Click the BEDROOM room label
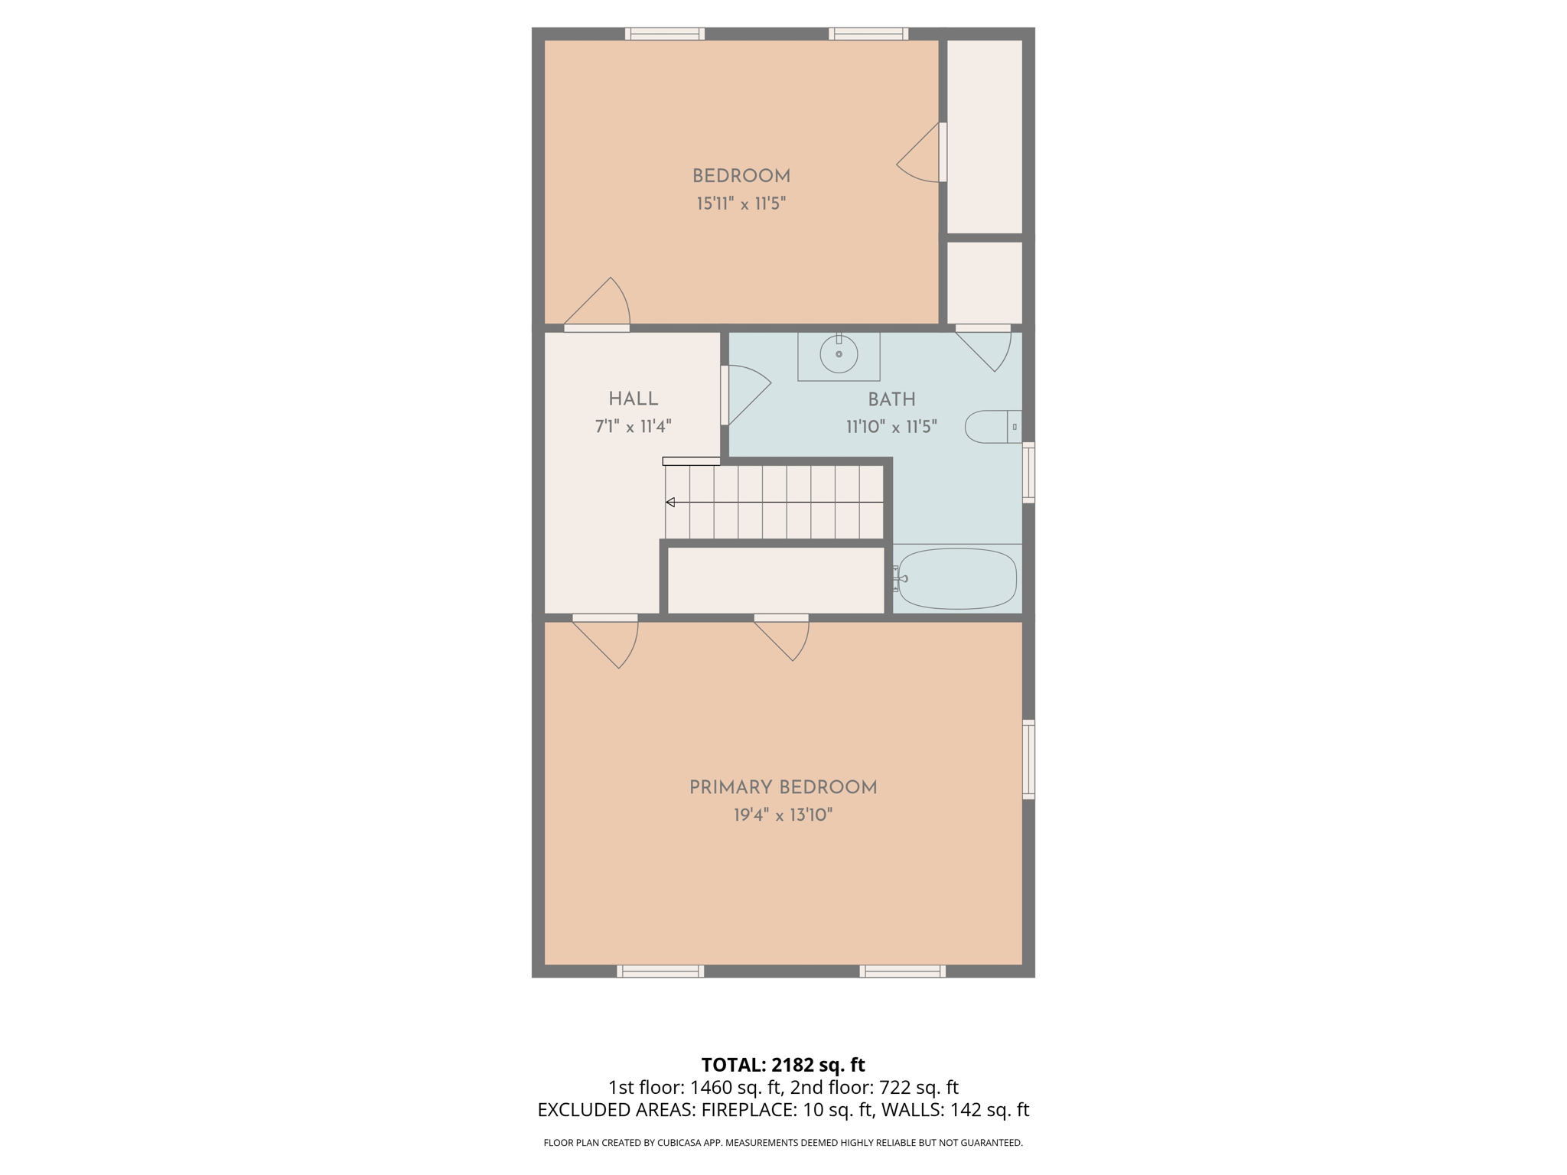[x=741, y=176]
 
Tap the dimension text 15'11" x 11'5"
[x=741, y=203]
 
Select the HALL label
[x=633, y=399]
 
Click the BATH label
[x=891, y=399]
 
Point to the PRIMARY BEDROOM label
[x=783, y=787]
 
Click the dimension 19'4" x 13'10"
[x=783, y=815]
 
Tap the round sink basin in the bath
[x=839, y=354]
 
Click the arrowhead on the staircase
[x=670, y=503]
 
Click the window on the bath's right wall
[x=1029, y=472]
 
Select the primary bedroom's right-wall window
[x=1029, y=759]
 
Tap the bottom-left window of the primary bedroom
[x=660, y=972]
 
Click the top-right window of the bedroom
[x=868, y=34]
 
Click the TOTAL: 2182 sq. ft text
[x=783, y=1065]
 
